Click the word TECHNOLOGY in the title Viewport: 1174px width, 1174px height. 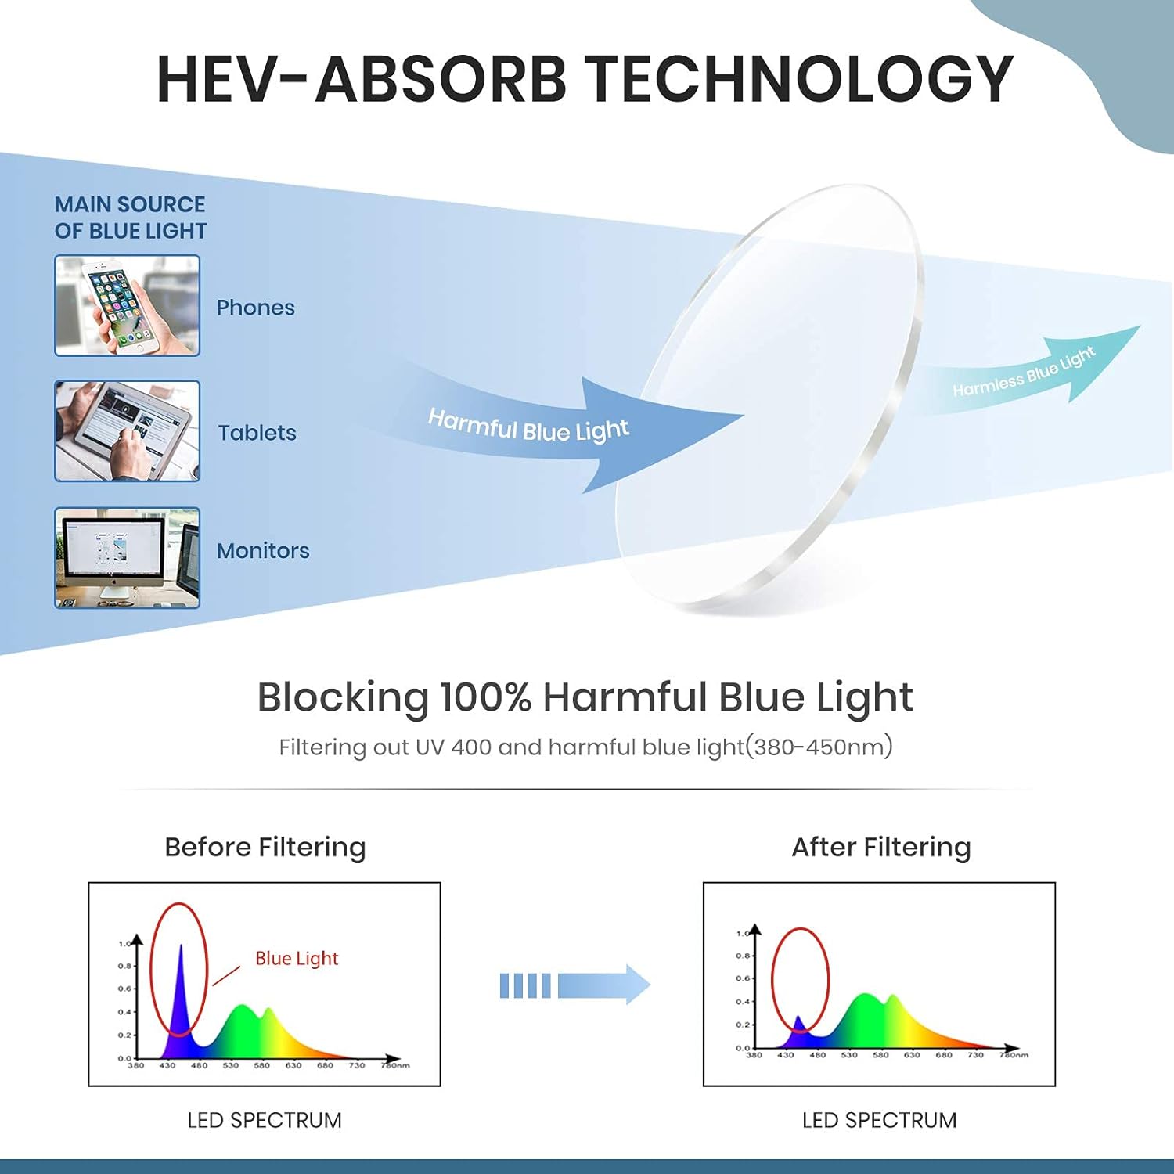pyautogui.click(x=799, y=79)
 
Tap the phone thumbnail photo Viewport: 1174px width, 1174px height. pyautogui.click(x=127, y=305)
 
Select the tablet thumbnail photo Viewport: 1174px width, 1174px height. pyautogui.click(x=127, y=431)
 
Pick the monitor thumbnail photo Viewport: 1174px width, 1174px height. pyautogui.click(x=127, y=557)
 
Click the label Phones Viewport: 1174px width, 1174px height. pyautogui.click(x=255, y=308)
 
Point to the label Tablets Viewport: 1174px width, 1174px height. pyautogui.click(x=257, y=433)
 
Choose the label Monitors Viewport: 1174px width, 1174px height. pyautogui.click(x=263, y=551)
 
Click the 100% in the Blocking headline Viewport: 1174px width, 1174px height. pyautogui.click(x=485, y=697)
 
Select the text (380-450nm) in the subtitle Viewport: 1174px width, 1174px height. pyautogui.click(x=818, y=747)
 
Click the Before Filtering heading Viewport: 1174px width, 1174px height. pyautogui.click(x=265, y=847)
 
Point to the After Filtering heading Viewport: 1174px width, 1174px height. pyautogui.click(x=880, y=847)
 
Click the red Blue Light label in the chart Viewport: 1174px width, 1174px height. pyautogui.click(x=297, y=958)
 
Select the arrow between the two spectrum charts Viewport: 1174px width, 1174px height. pyautogui.click(x=575, y=985)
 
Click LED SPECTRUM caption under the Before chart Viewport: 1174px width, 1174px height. pyautogui.click(x=265, y=1120)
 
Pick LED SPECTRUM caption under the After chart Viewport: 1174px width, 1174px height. pyautogui.click(x=879, y=1120)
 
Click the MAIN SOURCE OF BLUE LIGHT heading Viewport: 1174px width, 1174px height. pyautogui.click(x=130, y=218)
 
